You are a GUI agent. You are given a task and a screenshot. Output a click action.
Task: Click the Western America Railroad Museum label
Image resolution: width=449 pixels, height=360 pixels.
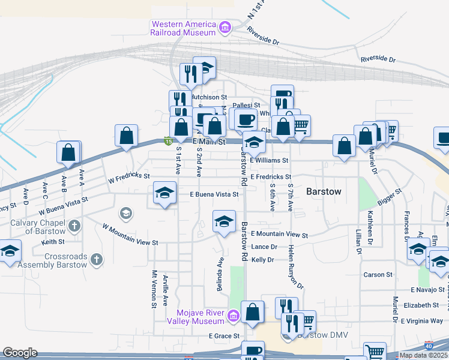(182, 28)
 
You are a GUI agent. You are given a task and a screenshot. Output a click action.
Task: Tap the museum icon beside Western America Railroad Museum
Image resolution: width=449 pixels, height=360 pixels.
(225, 27)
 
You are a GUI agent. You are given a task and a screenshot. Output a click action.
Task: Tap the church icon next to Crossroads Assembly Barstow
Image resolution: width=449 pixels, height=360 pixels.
(96, 260)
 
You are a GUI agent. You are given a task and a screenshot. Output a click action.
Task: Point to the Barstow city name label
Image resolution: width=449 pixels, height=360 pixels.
(324, 191)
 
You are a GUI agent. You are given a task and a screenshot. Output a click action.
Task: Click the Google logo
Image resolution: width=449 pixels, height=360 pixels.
(20, 353)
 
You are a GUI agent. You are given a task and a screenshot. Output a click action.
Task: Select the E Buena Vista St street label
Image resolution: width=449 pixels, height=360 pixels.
(214, 194)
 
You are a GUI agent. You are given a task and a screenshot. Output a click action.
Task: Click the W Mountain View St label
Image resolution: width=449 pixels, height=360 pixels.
(130, 236)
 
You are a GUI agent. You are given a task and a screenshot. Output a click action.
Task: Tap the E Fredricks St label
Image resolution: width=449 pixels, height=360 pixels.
(271, 177)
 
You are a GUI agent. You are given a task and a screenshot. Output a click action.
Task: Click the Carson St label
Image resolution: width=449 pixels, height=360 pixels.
(378, 275)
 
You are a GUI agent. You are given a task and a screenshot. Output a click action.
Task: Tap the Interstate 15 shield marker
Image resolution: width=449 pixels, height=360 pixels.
(169, 142)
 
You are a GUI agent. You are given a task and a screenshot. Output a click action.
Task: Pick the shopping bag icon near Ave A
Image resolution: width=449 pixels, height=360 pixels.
(68, 152)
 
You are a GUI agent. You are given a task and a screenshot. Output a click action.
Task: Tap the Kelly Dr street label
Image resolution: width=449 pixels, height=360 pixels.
(262, 260)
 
